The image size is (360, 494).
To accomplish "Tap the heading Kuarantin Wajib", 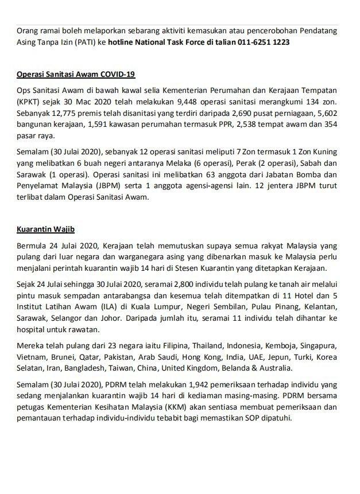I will (42, 231).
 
